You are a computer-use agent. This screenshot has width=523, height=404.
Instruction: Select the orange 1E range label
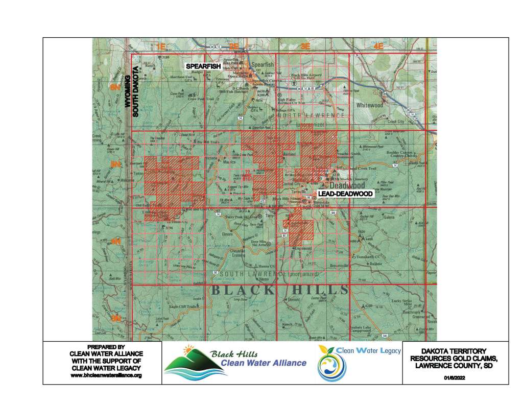tap(161, 46)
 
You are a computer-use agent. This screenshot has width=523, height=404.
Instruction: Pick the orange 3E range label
tap(305, 46)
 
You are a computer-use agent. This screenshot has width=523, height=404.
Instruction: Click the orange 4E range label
tap(378, 46)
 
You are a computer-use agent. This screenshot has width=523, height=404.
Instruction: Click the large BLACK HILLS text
tap(280, 290)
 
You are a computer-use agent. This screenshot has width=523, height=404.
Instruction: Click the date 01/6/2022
tap(456, 378)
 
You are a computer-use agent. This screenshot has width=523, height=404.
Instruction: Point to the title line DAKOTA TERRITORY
tap(456, 351)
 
